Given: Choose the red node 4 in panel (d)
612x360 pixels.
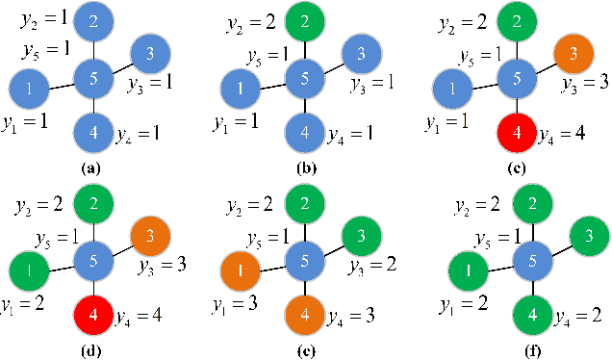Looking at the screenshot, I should click(93, 314).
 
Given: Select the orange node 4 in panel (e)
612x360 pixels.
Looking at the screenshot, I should click(304, 315).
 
